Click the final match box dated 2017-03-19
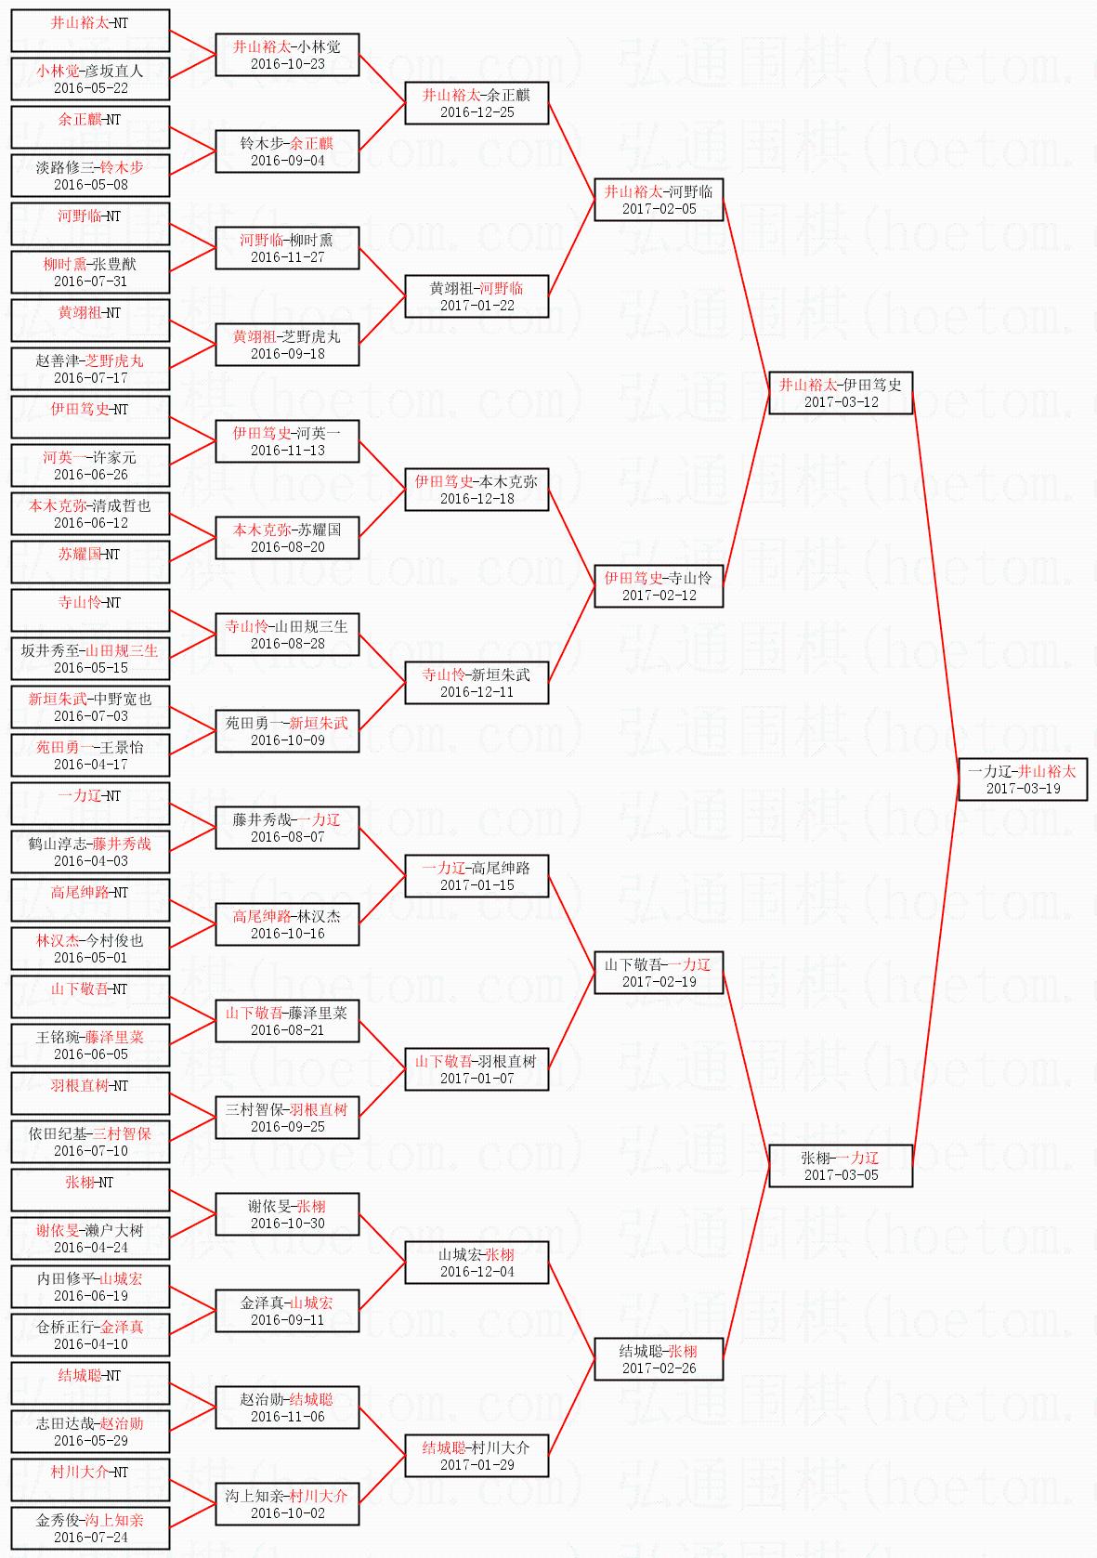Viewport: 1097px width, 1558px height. point(1023,779)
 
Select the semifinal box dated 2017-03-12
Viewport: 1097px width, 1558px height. point(841,392)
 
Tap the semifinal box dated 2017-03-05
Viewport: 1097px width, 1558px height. point(841,1165)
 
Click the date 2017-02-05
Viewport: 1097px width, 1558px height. point(659,209)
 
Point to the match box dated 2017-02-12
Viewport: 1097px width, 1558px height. point(659,585)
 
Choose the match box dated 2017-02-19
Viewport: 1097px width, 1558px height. point(659,972)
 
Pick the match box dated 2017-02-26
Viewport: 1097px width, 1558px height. point(659,1358)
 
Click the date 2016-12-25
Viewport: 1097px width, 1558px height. point(477,112)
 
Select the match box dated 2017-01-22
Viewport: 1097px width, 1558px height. point(477,295)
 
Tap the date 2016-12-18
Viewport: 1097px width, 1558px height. point(477,499)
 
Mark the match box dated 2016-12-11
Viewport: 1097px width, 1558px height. point(477,682)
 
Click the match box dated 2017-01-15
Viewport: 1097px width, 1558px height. point(477,875)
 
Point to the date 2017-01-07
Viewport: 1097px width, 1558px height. point(477,1079)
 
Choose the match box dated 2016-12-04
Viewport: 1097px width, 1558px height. point(477,1262)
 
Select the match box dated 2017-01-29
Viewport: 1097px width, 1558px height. point(477,1455)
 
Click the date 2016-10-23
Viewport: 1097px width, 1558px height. point(287,64)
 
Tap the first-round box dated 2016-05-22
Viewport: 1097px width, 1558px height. point(90,78)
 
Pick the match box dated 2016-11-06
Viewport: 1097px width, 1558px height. point(287,1407)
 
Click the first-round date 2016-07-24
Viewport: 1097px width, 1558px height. point(90,1538)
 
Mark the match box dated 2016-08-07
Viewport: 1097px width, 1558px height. point(287,827)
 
